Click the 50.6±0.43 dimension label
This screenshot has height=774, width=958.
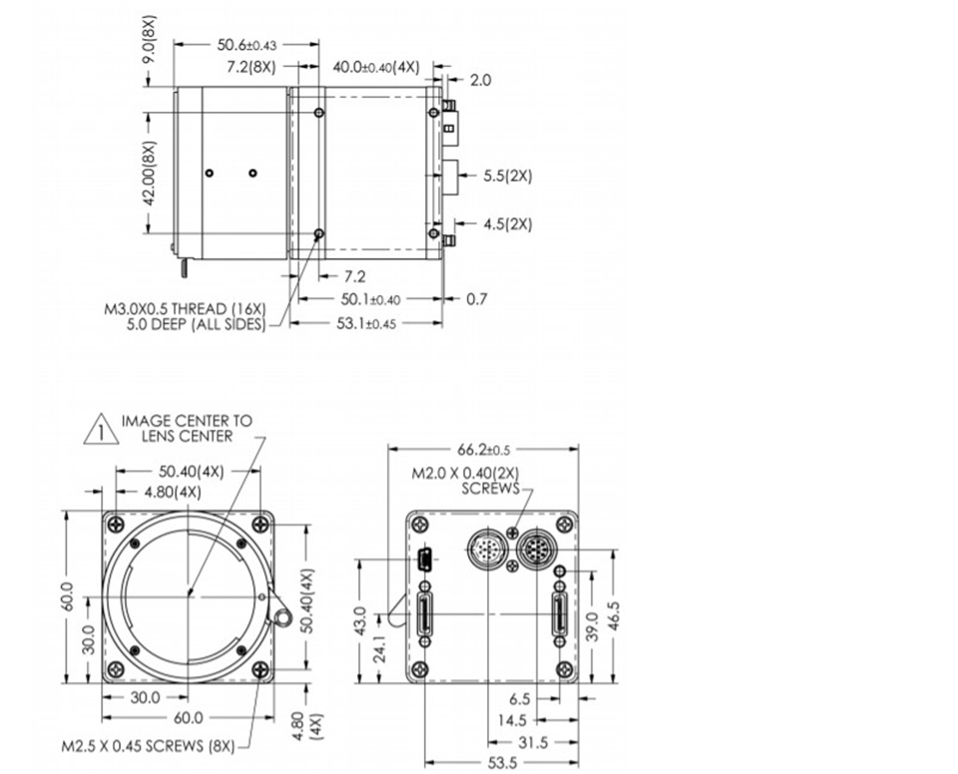click(x=246, y=45)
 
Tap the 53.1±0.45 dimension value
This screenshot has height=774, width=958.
click(x=366, y=323)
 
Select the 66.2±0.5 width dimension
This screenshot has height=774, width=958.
click(x=483, y=450)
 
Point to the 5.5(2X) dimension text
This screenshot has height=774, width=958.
click(x=508, y=176)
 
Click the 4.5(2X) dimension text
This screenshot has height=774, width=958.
click(x=508, y=224)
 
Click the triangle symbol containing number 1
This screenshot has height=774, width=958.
click(x=102, y=430)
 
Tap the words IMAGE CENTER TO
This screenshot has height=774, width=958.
click(x=187, y=421)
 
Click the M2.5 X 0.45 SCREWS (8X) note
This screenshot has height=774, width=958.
click(x=148, y=746)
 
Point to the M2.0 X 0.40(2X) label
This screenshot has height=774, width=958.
click(x=465, y=473)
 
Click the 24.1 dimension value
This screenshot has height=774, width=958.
click(x=379, y=648)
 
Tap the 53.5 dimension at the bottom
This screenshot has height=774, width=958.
click(x=503, y=762)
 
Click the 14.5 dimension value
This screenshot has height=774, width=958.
click(x=511, y=721)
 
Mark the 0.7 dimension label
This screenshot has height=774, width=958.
click(x=477, y=298)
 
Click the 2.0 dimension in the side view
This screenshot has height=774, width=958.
click(x=480, y=80)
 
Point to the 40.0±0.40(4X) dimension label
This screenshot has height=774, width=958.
click(x=376, y=67)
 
